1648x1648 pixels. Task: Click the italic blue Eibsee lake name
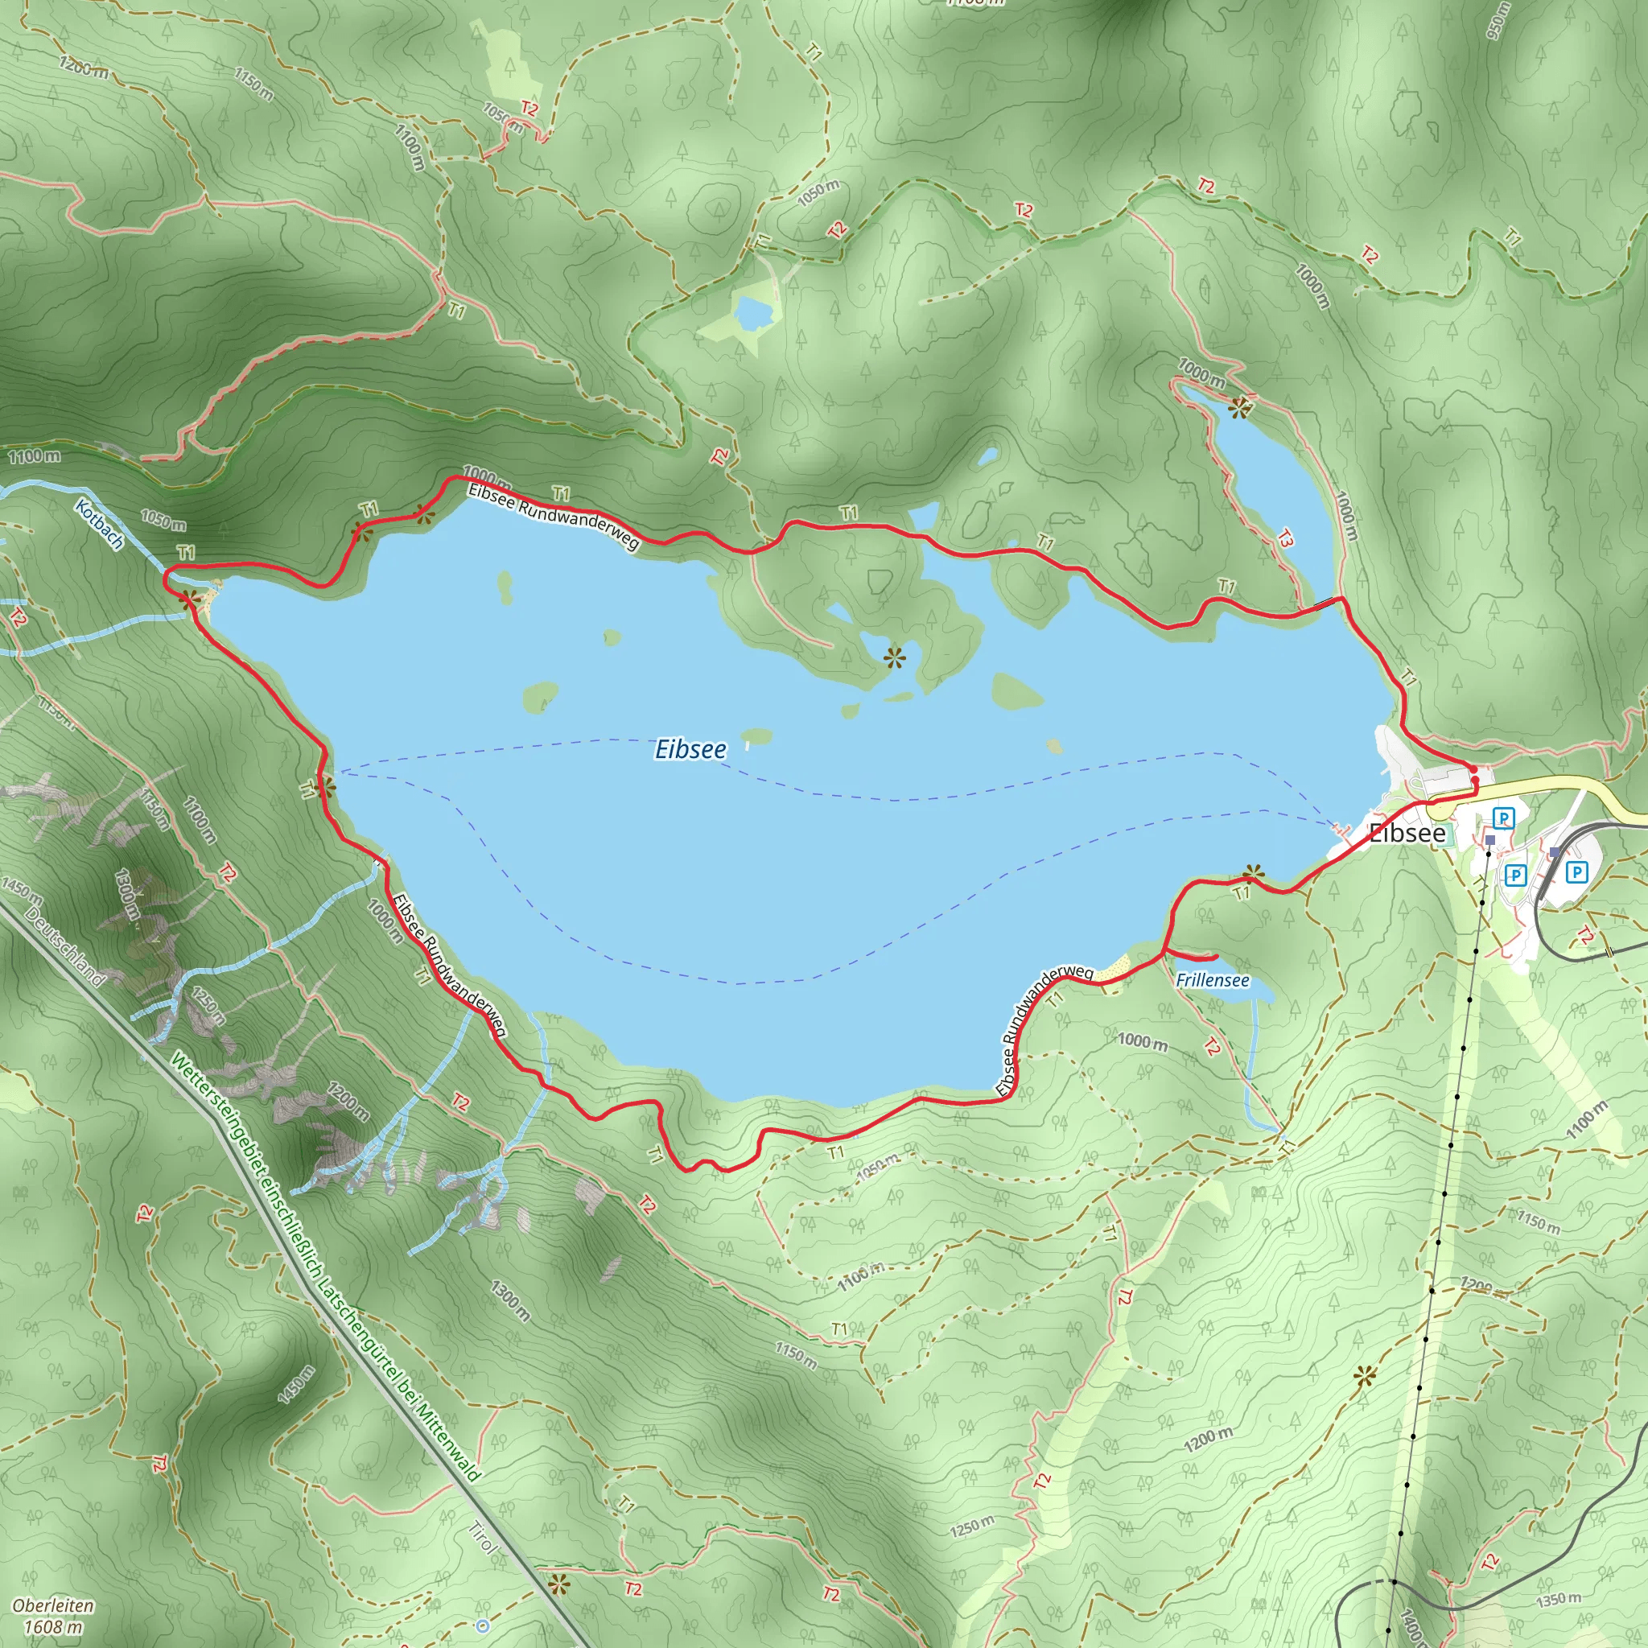[x=690, y=749]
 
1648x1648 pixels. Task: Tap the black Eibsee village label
[x=1407, y=834]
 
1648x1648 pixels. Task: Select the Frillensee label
[x=1212, y=980]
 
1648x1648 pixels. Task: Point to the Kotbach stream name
[x=99, y=524]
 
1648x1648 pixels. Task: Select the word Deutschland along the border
[x=65, y=947]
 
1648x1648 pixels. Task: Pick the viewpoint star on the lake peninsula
[x=893, y=657]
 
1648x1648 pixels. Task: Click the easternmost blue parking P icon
[x=1576, y=871]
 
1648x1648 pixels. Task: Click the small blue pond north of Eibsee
[x=754, y=313]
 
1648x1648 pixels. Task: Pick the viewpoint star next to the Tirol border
[x=558, y=1585]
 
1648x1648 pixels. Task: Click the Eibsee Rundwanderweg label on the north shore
[x=553, y=517]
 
